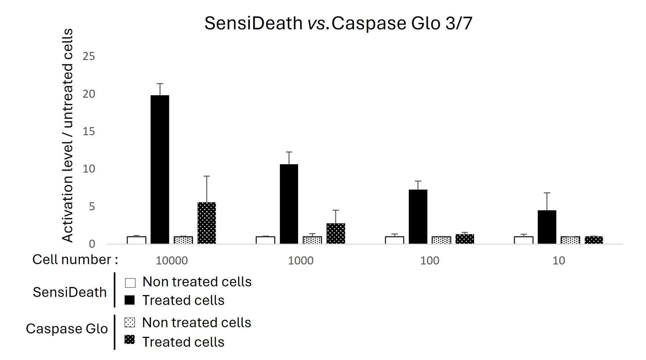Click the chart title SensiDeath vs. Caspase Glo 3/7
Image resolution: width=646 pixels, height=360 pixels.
click(338, 24)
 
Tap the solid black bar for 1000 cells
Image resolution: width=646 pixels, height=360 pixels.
click(289, 204)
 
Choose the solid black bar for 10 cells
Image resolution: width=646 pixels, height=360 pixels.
click(547, 227)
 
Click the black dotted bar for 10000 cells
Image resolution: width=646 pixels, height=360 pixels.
click(207, 223)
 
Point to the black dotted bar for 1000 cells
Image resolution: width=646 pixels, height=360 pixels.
click(336, 233)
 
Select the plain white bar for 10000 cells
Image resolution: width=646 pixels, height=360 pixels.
click(136, 240)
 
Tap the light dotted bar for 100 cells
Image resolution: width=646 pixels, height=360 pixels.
click(441, 240)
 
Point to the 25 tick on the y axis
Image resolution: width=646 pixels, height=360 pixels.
click(89, 56)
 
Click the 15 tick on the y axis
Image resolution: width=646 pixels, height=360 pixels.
click(89, 131)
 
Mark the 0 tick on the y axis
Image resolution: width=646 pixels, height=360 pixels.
click(92, 244)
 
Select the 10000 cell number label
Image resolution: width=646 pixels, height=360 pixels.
click(172, 260)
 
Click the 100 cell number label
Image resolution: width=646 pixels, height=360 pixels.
click(430, 260)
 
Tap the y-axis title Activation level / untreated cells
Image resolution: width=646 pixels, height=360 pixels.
click(68, 135)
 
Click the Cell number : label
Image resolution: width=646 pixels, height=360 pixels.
click(75, 259)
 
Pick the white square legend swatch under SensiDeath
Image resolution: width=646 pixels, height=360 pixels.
click(130, 283)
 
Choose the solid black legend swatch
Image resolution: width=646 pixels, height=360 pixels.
click(130, 300)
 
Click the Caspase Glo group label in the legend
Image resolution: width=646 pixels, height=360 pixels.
click(67, 329)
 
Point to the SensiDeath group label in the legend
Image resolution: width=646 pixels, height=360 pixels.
click(70, 292)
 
